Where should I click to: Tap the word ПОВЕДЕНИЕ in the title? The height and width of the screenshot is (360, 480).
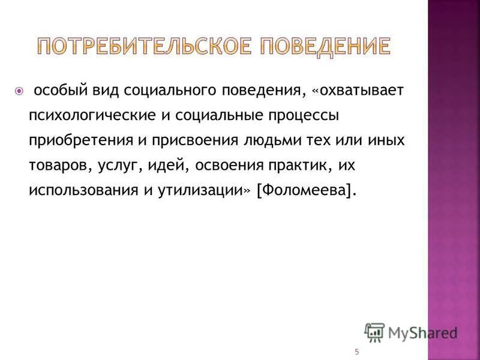321,46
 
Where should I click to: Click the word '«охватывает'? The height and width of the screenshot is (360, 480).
358,91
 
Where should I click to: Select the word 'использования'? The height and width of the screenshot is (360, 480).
79,190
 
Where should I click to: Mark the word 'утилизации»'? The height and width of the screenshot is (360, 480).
197,190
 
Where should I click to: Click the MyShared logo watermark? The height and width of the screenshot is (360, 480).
411,332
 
